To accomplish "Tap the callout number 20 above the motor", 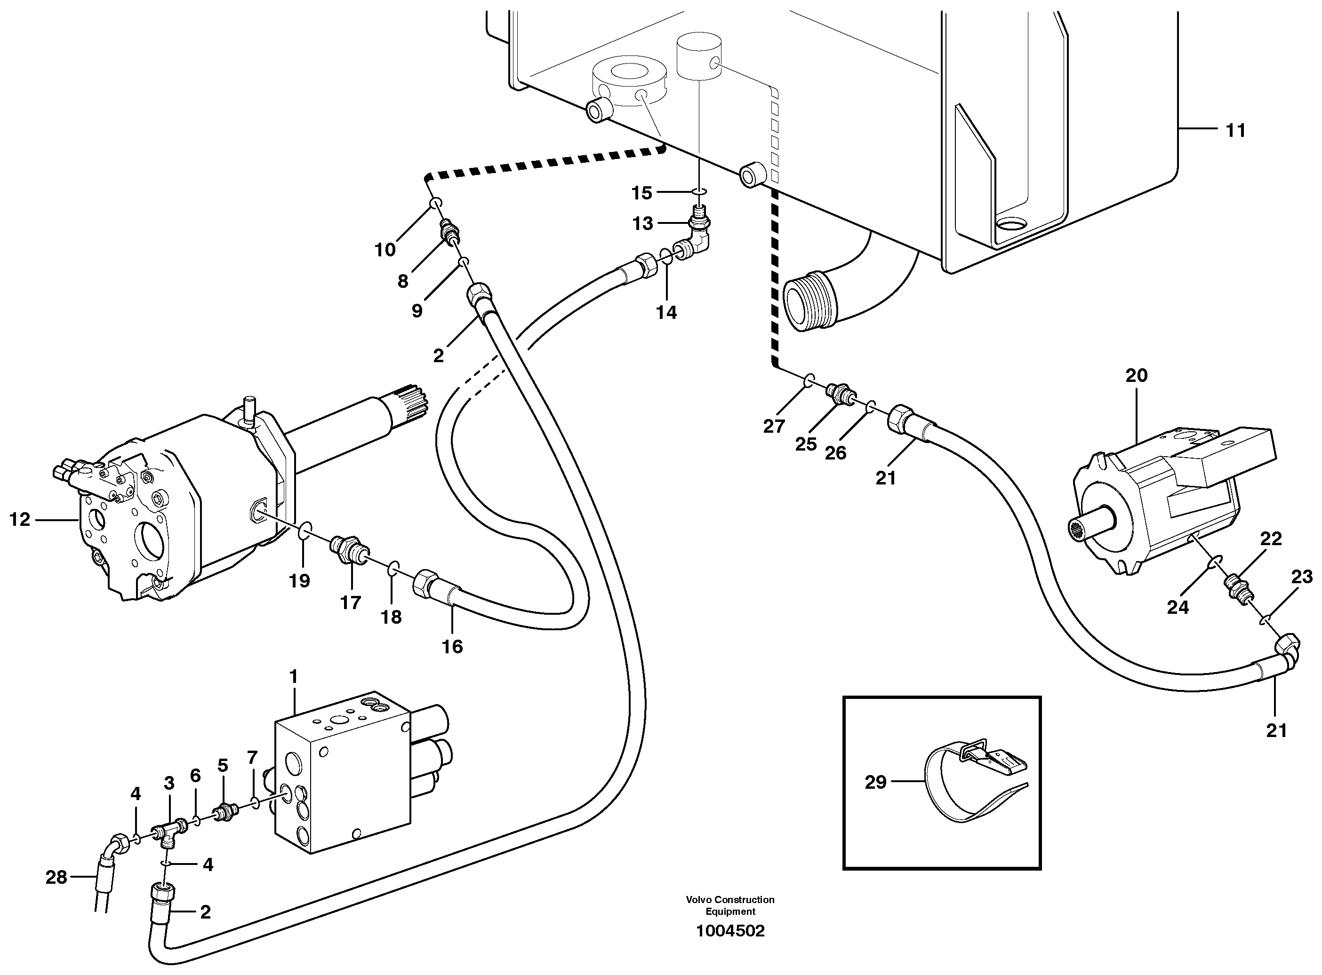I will coord(1136,375).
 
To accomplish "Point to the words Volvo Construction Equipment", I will coord(730,905).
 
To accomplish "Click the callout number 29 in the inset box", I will coord(876,782).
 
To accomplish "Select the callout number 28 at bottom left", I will coord(56,878).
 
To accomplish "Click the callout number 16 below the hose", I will coord(452,646).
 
